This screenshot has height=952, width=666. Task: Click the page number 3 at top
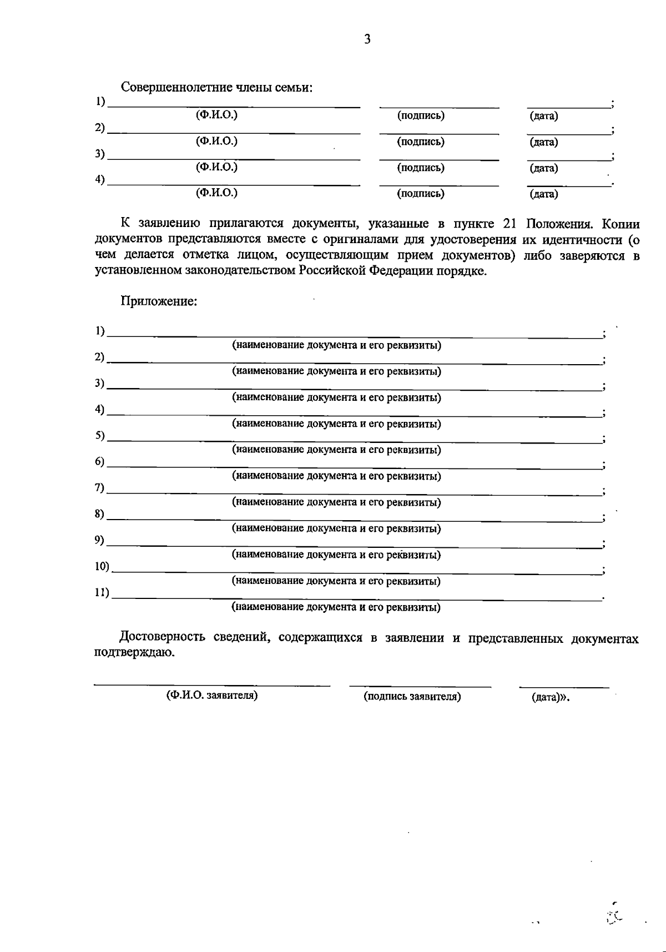[367, 39]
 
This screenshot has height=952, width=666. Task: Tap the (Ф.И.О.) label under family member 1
[216, 115]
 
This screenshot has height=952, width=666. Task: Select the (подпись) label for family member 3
[421, 168]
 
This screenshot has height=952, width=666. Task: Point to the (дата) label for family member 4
[544, 194]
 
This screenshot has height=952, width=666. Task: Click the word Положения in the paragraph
[560, 224]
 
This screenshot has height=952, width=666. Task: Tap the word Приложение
[159, 301]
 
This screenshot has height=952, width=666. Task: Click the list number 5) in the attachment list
[100, 436]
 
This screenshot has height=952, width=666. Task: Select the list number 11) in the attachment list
[102, 592]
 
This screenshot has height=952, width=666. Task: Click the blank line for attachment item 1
[355, 336]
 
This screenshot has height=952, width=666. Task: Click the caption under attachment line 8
[336, 528]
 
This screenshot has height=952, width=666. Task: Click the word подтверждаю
[134, 653]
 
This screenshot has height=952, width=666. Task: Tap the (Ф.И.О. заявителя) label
[212, 696]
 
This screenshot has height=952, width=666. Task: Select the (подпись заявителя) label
[412, 696]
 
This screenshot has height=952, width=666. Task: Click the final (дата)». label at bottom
[550, 697]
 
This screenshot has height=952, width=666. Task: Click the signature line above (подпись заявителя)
[420, 687]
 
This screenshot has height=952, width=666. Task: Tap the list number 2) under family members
[100, 128]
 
